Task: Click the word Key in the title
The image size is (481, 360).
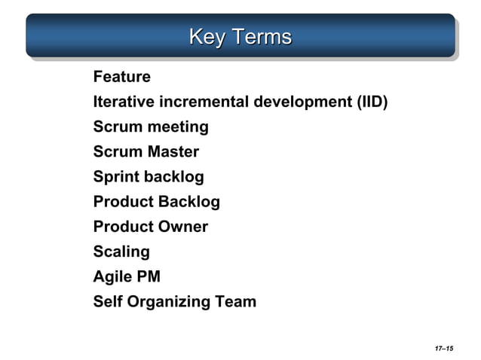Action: coord(205,36)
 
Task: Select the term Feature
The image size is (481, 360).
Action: coord(121,77)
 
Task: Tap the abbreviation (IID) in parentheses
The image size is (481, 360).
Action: coord(372,102)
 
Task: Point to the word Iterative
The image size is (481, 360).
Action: coord(121,102)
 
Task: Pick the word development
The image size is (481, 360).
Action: coord(303,102)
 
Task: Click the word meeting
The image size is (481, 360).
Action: coord(178,127)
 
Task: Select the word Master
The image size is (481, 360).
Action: coord(173,152)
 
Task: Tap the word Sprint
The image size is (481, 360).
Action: coord(116,178)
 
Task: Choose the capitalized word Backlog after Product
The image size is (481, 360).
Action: coord(188,202)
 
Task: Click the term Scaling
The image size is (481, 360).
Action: coord(121,252)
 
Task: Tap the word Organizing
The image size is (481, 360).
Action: coord(166,303)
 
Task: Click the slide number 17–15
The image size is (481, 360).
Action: coord(443,349)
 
